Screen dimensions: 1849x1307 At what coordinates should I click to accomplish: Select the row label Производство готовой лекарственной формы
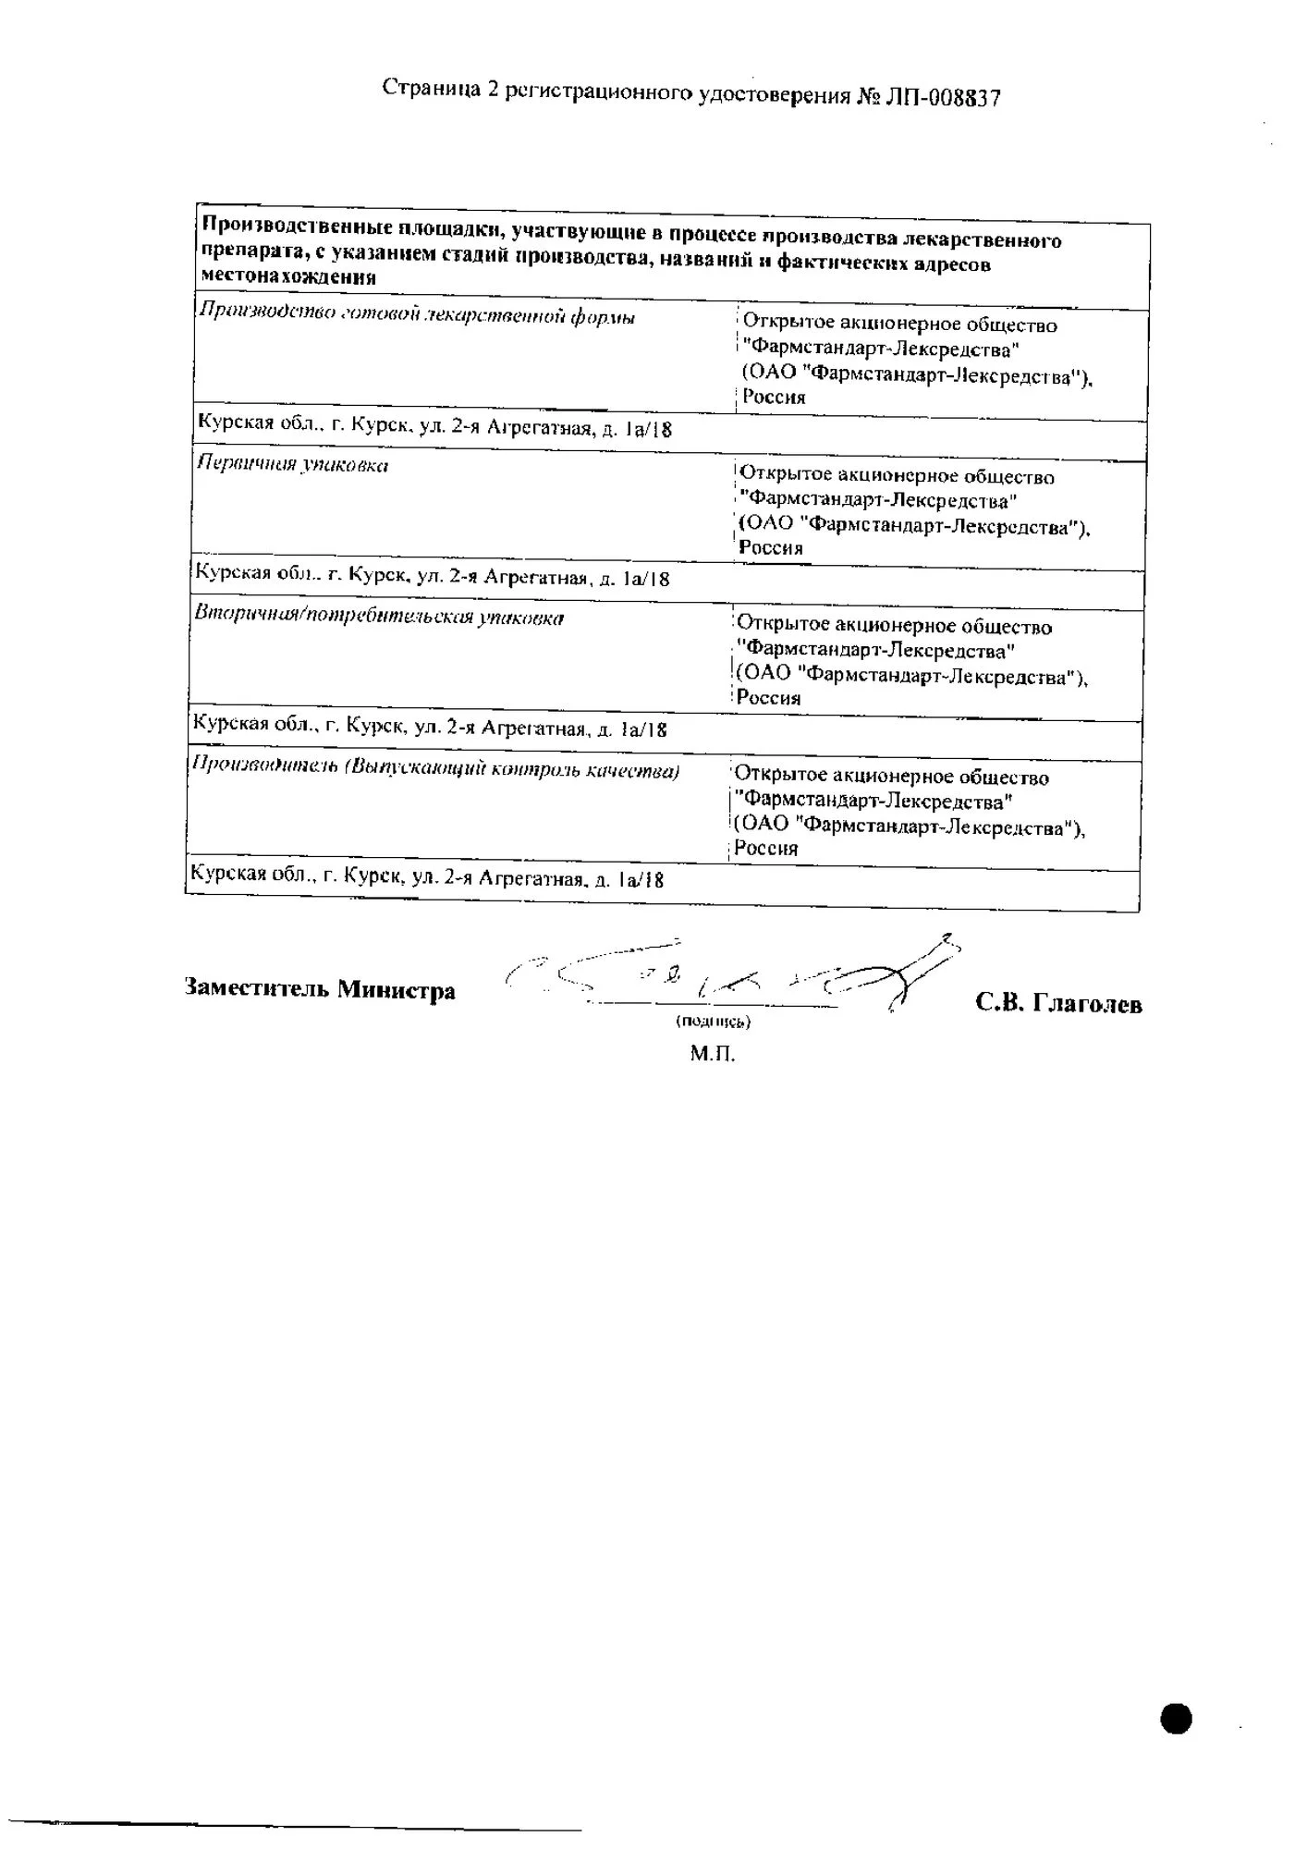(417, 314)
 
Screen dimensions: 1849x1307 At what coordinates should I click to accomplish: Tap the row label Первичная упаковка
(292, 464)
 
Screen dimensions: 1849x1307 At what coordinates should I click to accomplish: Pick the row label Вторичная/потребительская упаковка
(378, 617)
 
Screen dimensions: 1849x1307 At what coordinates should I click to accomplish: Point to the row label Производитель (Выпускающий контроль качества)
(434, 769)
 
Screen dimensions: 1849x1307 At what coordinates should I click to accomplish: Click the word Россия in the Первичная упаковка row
(771, 547)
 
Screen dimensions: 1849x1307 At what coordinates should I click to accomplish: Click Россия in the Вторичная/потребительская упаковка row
(768, 698)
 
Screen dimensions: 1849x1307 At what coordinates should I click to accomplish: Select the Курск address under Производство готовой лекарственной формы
(434, 426)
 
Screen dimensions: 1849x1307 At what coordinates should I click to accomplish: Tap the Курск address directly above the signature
(426, 876)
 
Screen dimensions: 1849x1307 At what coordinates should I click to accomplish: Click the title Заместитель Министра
(320, 988)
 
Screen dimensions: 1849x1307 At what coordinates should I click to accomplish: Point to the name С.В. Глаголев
(1058, 1003)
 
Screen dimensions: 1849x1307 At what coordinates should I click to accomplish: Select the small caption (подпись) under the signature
(713, 1022)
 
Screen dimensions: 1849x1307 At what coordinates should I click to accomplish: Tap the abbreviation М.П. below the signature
(712, 1053)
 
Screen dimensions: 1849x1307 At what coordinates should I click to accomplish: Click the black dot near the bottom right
(1176, 1718)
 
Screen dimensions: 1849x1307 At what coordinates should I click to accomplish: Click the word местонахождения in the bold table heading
(288, 276)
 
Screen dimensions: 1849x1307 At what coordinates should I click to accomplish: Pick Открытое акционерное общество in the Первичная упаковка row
(897, 476)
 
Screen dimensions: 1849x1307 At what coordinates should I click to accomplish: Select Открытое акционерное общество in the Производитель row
(892, 777)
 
